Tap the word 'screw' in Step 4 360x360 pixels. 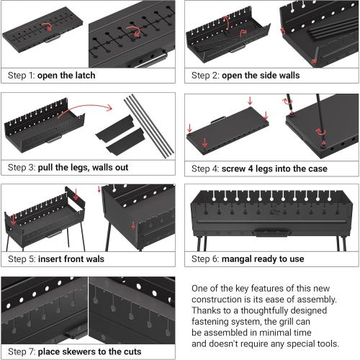pos(237,168)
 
